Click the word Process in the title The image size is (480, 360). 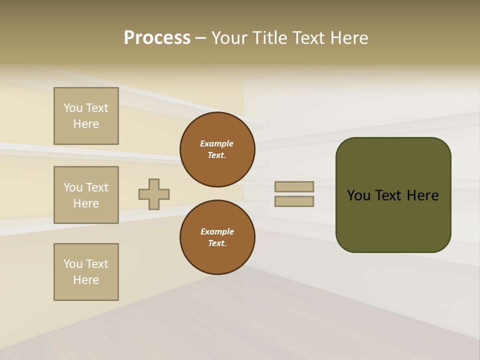(x=157, y=38)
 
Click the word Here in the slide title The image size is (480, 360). (x=348, y=38)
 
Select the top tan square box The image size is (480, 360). (x=86, y=116)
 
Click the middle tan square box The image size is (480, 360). (x=86, y=195)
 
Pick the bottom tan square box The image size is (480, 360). (x=86, y=272)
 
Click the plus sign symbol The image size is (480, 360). (x=154, y=194)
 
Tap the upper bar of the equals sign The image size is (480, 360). (x=294, y=186)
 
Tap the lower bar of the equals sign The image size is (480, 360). (x=294, y=201)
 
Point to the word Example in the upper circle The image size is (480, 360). (x=217, y=143)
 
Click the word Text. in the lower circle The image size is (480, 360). (x=217, y=243)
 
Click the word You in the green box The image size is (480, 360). (x=358, y=195)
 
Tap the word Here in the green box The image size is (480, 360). (x=422, y=195)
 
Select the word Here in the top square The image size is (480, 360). (x=86, y=124)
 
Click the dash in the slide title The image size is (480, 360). (x=200, y=38)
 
